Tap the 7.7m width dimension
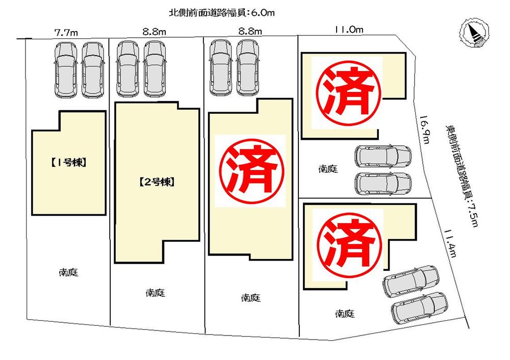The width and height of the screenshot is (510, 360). coord(66,32)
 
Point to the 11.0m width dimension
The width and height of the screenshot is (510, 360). coord(349,30)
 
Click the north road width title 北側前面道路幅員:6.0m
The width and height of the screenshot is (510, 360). coord(222,13)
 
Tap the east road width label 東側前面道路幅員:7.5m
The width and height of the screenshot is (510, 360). coord(460,176)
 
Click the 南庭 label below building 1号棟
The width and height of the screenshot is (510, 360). coord(68,272)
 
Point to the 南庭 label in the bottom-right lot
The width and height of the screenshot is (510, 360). coord(345,314)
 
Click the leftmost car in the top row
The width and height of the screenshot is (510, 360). coord(67,70)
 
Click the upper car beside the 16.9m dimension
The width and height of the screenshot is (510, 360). coord(384,156)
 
